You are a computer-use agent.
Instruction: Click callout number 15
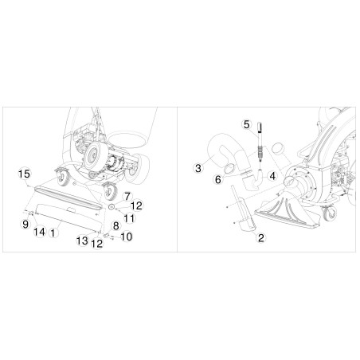(x=24, y=173)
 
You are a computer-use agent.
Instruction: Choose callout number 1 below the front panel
(x=53, y=233)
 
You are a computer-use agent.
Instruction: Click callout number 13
(x=82, y=240)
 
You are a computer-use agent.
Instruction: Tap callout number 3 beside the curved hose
(x=197, y=167)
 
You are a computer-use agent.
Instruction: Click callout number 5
(x=247, y=124)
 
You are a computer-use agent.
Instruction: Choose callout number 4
(x=272, y=175)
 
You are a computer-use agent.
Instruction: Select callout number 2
(x=260, y=237)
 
